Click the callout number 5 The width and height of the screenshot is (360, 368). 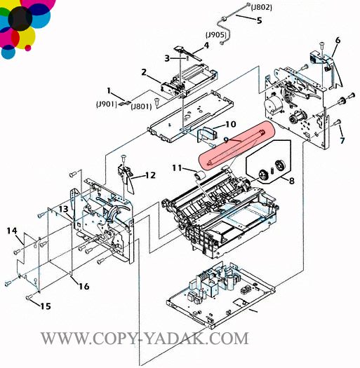(x=259, y=20)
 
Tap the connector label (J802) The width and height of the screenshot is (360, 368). (x=261, y=8)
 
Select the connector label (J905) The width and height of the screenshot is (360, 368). (x=216, y=35)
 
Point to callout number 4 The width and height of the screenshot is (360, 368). (x=206, y=45)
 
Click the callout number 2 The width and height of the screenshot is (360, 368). (x=144, y=72)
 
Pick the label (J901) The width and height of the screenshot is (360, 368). (x=107, y=104)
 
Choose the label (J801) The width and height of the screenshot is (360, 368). (x=141, y=107)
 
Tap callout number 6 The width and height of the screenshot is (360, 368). (x=338, y=41)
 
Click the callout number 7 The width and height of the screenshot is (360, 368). (x=342, y=140)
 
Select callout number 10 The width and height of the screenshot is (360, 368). (x=230, y=124)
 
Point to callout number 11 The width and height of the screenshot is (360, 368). (x=177, y=168)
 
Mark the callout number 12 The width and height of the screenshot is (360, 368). (x=150, y=175)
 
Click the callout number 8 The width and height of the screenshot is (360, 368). (x=291, y=181)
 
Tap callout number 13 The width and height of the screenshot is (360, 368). (x=63, y=209)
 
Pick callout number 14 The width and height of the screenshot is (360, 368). (x=12, y=231)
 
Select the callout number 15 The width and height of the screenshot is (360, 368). (x=46, y=306)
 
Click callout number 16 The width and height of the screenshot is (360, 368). (x=84, y=286)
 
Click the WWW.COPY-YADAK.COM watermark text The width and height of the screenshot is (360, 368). (x=145, y=339)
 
